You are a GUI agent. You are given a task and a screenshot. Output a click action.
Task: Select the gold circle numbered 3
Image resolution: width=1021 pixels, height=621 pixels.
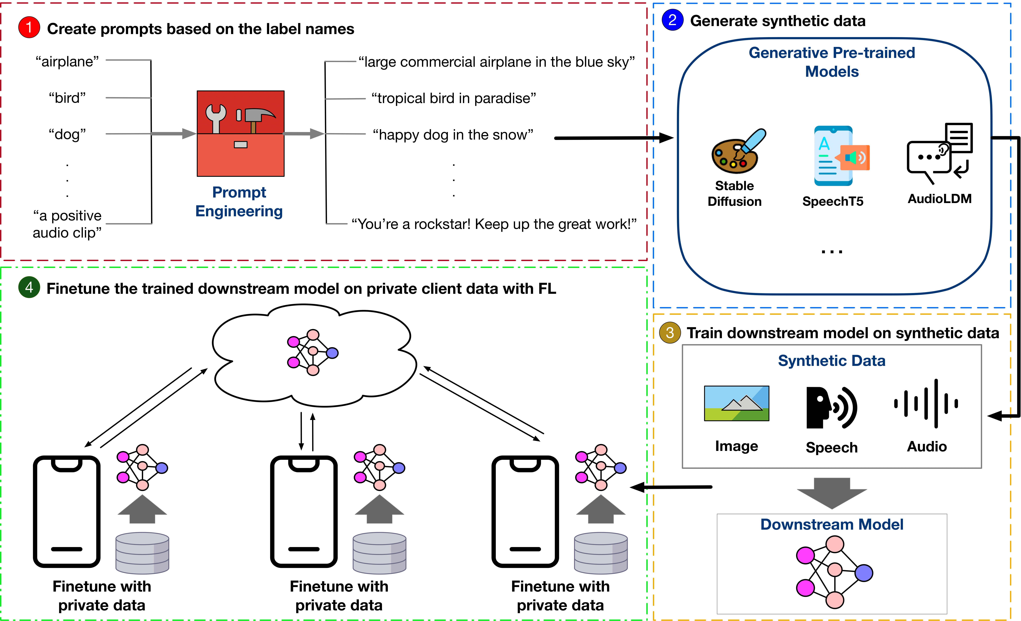[670, 333]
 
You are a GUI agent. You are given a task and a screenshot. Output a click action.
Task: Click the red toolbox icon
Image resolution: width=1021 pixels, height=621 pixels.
[240, 133]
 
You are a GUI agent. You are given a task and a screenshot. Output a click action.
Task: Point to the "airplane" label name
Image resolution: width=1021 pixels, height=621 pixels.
[67, 62]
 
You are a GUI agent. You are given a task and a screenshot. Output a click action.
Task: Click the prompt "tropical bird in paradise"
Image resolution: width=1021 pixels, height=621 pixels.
[453, 99]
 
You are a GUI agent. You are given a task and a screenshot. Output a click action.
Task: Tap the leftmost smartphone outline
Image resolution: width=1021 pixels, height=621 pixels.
[67, 511]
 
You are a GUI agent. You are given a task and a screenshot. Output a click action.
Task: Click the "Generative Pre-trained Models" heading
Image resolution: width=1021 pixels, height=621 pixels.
[832, 62]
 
